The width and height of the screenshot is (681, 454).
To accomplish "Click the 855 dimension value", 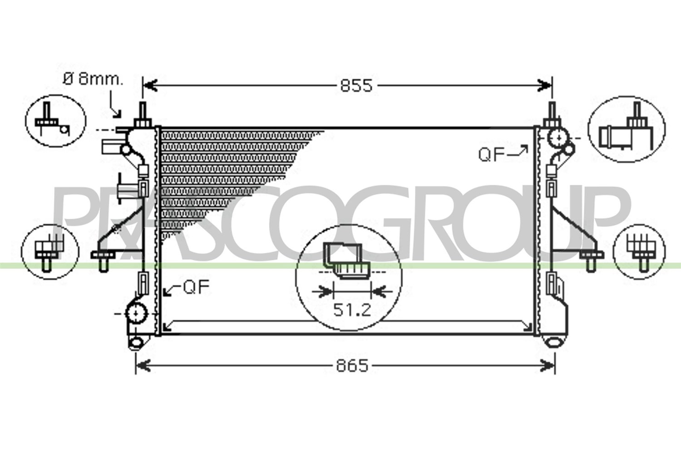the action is click(356, 85).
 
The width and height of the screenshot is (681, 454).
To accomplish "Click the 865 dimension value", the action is click(352, 365).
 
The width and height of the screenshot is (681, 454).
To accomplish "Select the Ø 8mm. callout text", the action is click(93, 79).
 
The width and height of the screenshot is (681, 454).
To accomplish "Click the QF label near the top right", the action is click(491, 154).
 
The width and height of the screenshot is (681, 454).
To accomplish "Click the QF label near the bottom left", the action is click(197, 287).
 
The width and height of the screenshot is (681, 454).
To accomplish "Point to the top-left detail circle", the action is click(56, 121).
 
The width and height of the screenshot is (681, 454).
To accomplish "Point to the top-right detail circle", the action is click(627, 129).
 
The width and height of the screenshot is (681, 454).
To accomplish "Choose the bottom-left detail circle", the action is click(50, 252).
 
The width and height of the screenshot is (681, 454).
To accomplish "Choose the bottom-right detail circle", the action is click(639, 252).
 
